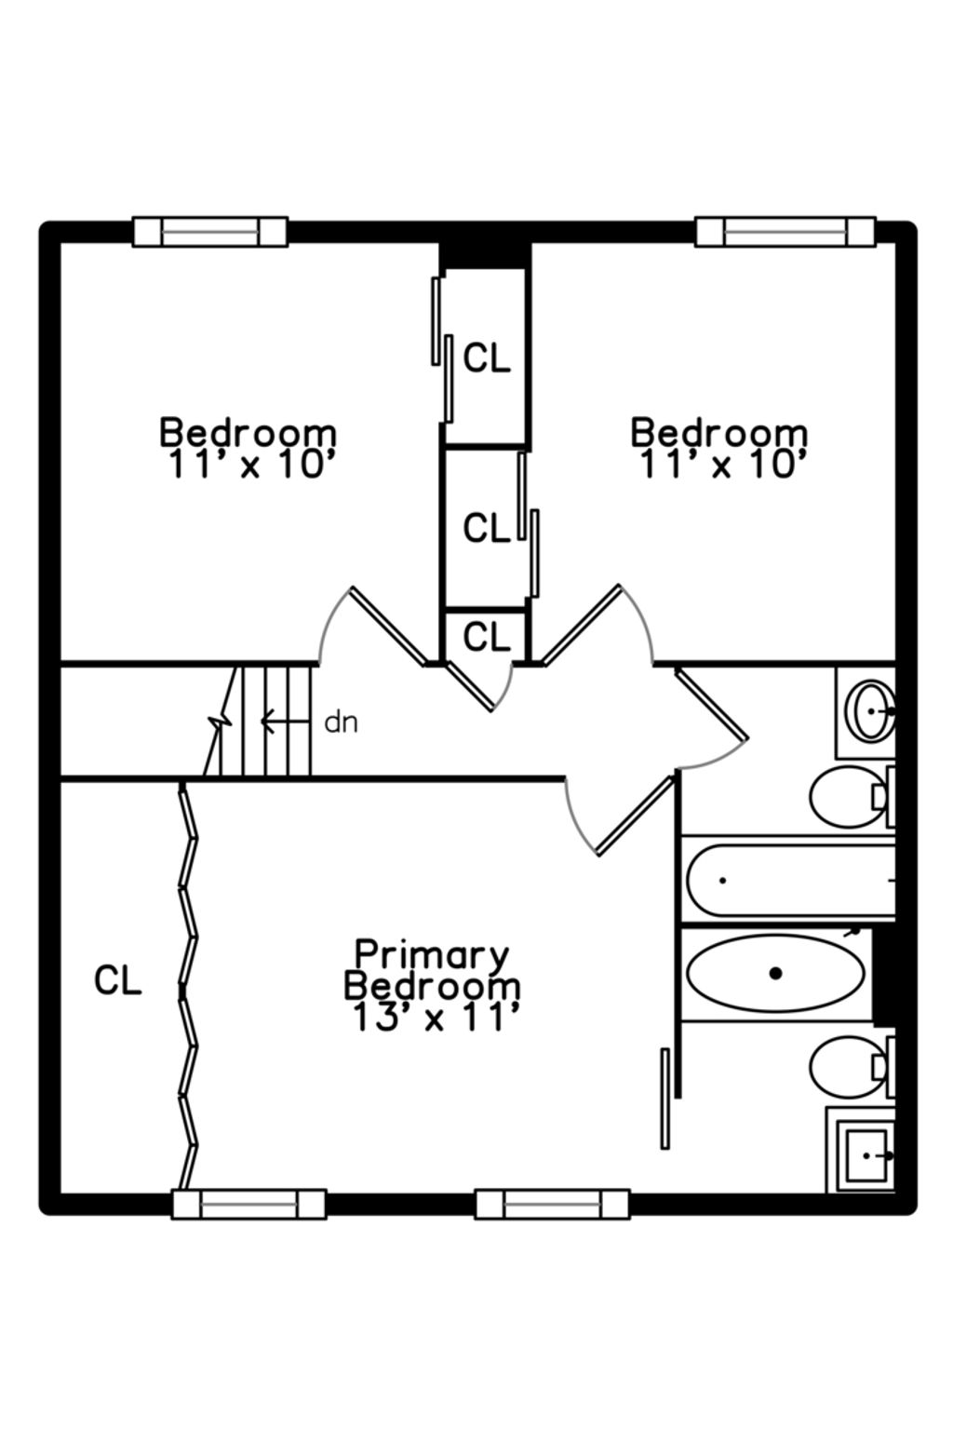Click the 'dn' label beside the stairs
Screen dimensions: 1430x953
click(341, 722)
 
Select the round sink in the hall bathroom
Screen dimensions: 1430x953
click(870, 709)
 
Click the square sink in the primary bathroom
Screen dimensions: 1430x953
click(866, 1155)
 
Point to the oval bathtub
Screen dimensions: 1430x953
click(775, 973)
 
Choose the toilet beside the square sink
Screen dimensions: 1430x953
click(847, 1067)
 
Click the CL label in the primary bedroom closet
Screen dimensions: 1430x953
click(118, 980)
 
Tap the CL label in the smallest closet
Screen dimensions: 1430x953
click(487, 638)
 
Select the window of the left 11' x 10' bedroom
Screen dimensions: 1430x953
click(209, 231)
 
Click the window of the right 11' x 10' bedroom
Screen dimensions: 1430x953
click(785, 231)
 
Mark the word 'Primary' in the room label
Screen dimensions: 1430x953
click(433, 954)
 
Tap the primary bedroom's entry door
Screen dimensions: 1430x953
click(633, 816)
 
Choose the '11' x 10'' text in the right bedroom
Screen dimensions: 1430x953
click(719, 464)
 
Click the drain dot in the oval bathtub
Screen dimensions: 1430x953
click(775, 973)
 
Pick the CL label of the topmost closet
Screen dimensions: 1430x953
click(487, 357)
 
